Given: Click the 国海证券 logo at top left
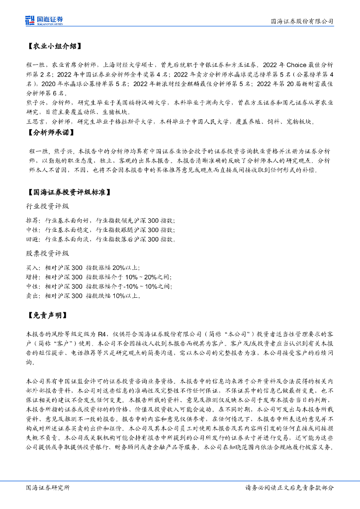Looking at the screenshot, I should click(x=44, y=20).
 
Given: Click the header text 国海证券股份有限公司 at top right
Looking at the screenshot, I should click(x=302, y=21).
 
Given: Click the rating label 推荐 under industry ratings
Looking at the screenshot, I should click(x=31, y=220).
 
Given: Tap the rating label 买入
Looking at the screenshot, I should click(x=31, y=267).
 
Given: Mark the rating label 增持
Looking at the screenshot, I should click(x=31, y=277).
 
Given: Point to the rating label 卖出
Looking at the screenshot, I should click(x=31, y=296).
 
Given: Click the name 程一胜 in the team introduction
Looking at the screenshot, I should click(x=35, y=65).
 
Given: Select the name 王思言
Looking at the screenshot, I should click(x=35, y=122).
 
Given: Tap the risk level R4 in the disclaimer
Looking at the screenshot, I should click(x=103, y=332).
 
